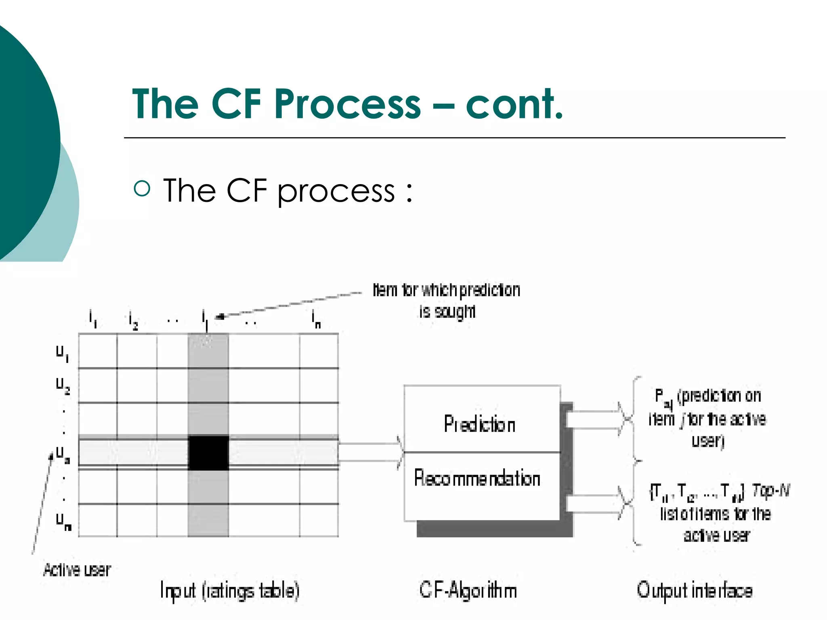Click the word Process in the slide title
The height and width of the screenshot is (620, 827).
coord(347,104)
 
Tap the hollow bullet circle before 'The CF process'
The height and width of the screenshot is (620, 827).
coord(142,188)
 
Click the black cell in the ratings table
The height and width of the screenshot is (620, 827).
coord(208,453)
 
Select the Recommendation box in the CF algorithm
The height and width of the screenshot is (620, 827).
coord(477,479)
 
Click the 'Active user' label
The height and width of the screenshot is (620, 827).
coord(77,570)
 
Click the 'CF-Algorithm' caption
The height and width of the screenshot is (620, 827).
coord(468,591)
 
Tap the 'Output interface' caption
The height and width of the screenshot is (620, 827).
coord(695,591)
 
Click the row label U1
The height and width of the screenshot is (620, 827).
coord(62,354)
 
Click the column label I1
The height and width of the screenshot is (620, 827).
coord(93,319)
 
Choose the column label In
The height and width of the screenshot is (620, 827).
coord(316,319)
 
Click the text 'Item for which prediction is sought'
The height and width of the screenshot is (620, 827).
coord(446,300)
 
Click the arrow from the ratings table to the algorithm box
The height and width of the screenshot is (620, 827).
coord(371,452)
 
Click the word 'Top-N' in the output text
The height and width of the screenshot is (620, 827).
coord(770,491)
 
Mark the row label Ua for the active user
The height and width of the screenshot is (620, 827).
coord(63,455)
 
